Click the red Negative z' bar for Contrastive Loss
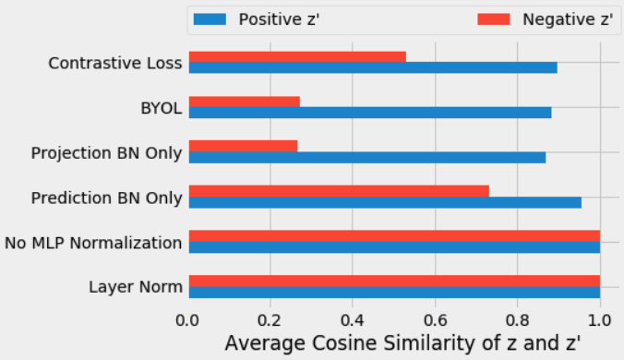point(296,57)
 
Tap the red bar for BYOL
point(244,102)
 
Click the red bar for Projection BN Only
point(243,146)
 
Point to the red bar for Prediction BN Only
point(338,191)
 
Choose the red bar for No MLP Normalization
point(393,235)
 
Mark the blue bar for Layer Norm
point(393,292)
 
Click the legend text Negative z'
point(567,19)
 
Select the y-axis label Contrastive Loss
point(114,64)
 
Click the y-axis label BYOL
point(161,108)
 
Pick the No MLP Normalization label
point(92,243)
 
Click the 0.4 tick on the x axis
point(353,320)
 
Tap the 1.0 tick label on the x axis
point(600,320)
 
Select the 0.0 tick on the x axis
point(188,320)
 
